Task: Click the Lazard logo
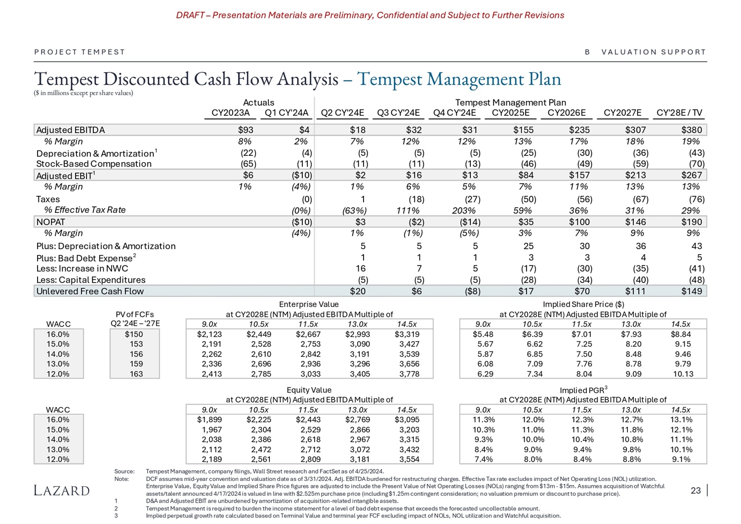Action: tap(62, 490)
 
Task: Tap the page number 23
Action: tap(696, 490)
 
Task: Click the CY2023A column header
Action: tap(230, 113)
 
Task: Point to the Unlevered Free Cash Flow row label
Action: tap(90, 291)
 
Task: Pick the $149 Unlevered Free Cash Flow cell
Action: tap(692, 291)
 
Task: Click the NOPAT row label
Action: tap(50, 222)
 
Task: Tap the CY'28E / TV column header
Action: tap(679, 113)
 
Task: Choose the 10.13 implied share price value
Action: tap(683, 374)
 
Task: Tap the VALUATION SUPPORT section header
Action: tap(654, 52)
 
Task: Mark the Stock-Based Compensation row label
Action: tap(94, 164)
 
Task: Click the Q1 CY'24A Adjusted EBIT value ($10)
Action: tap(301, 175)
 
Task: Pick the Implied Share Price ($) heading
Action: tap(583, 305)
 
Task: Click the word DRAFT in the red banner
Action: tap(190, 15)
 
